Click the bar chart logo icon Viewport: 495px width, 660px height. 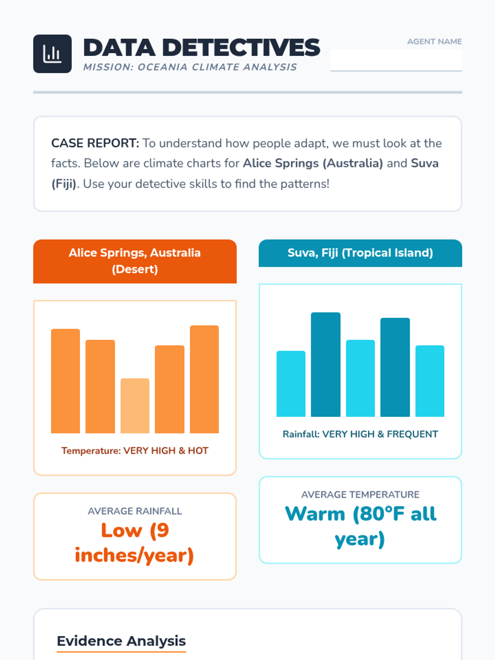(x=52, y=54)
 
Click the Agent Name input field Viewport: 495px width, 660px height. (x=396, y=61)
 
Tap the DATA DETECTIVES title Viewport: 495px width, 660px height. (x=202, y=47)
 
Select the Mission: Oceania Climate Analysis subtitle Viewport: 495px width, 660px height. (x=190, y=67)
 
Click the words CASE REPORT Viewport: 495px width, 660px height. (x=95, y=143)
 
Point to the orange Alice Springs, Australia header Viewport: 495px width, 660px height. (x=135, y=261)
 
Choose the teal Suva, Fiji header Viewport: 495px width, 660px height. (x=360, y=253)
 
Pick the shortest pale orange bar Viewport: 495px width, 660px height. (x=135, y=405)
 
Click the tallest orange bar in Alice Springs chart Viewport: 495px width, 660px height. (x=204, y=379)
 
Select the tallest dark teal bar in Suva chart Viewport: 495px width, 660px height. (x=325, y=364)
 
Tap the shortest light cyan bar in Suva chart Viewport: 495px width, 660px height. (x=291, y=384)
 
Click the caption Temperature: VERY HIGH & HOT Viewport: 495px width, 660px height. (x=135, y=450)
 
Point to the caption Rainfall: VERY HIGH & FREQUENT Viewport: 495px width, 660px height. (x=360, y=434)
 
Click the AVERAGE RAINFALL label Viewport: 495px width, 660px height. (x=135, y=511)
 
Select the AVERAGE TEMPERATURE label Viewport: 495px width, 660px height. (x=360, y=495)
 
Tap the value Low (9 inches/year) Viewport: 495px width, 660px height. (x=135, y=543)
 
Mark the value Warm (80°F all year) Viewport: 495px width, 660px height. (x=360, y=526)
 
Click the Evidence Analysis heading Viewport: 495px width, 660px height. (x=121, y=641)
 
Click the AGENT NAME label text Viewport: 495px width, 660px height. (x=434, y=42)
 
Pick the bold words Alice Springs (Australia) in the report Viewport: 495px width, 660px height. (x=313, y=163)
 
